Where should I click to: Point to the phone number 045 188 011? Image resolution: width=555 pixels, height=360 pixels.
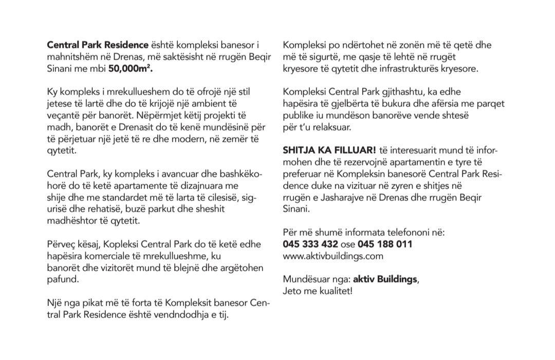click(385, 243)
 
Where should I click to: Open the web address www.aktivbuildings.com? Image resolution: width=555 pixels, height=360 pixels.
click(333, 255)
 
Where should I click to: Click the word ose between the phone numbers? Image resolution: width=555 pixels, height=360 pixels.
click(348, 243)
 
